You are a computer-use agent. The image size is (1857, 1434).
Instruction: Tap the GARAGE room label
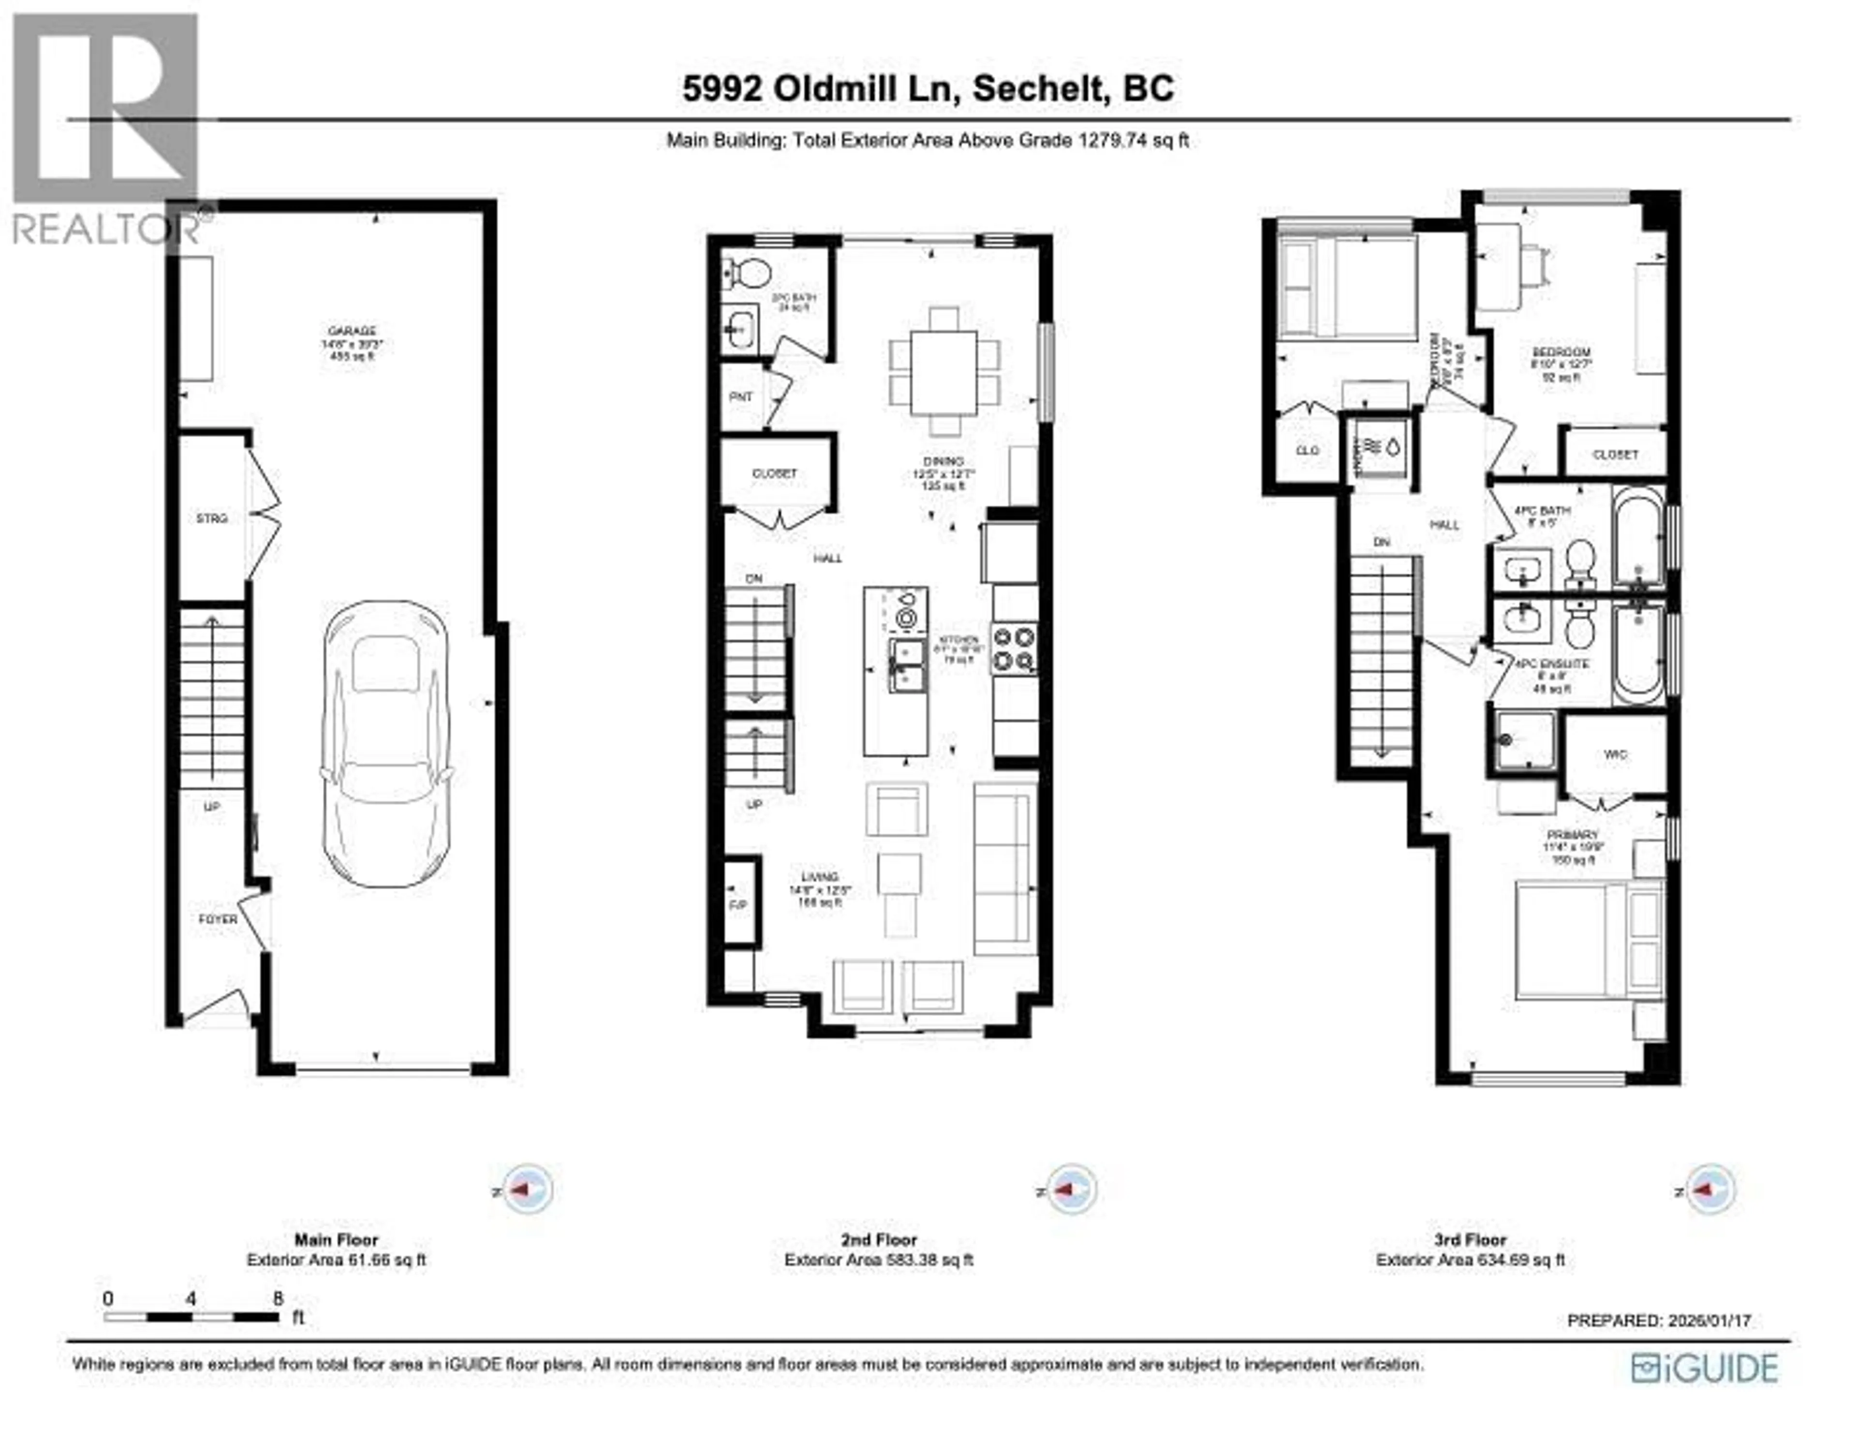click(x=352, y=331)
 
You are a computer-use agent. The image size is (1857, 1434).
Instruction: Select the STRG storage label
click(x=212, y=518)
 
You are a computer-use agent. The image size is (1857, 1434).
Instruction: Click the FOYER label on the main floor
click(x=218, y=919)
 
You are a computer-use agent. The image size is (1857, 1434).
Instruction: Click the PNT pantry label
click(x=740, y=396)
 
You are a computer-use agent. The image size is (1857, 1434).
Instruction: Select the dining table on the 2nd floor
click(x=944, y=372)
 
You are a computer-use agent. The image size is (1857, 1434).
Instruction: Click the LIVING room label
click(x=819, y=876)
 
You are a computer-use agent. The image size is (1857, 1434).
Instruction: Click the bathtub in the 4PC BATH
click(x=1637, y=537)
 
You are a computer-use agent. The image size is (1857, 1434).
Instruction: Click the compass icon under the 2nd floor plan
click(x=1071, y=1189)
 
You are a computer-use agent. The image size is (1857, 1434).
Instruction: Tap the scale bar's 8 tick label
click(x=277, y=1298)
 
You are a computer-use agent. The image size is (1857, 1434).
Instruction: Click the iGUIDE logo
click(x=1704, y=1368)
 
